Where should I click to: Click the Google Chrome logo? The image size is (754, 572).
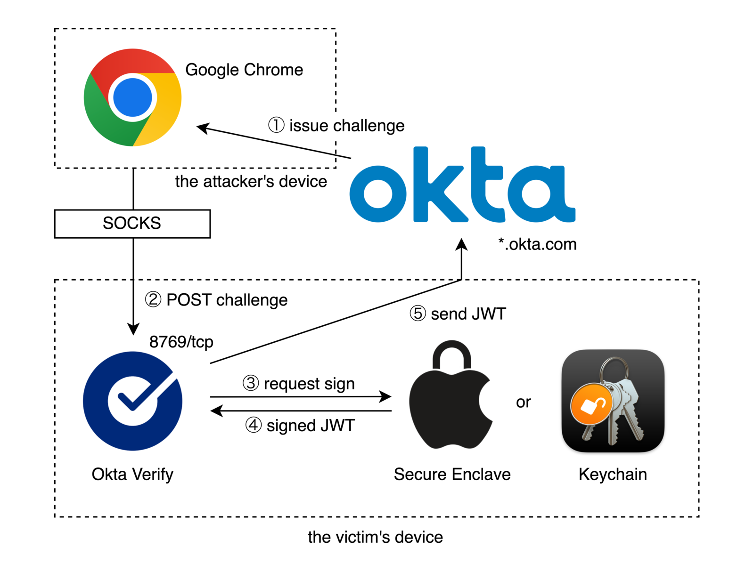pos(132,97)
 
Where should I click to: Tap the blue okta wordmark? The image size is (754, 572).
pos(462,185)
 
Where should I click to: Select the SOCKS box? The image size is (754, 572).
pos(132,224)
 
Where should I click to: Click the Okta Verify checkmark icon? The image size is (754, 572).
pos(132,401)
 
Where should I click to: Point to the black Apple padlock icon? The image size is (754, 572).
pos(451,395)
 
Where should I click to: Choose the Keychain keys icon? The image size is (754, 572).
pos(613,401)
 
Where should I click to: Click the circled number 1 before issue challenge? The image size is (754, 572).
pos(276,125)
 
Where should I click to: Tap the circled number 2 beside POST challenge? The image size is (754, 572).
pos(153,299)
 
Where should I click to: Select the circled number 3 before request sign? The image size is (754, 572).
pos(251,383)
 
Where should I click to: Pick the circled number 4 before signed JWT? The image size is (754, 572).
pos(254,425)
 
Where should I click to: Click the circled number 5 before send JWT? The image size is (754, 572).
pos(418,313)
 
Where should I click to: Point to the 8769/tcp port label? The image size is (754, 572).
pos(181,342)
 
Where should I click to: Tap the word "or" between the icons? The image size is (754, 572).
pos(523,402)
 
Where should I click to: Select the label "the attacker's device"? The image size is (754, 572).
pos(251,181)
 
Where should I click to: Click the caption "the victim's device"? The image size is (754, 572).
pos(376,537)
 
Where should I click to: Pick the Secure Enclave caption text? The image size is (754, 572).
pos(452,474)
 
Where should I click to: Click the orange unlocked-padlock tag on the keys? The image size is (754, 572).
pos(591,404)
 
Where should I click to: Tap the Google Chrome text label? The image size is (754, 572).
pos(244,70)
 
